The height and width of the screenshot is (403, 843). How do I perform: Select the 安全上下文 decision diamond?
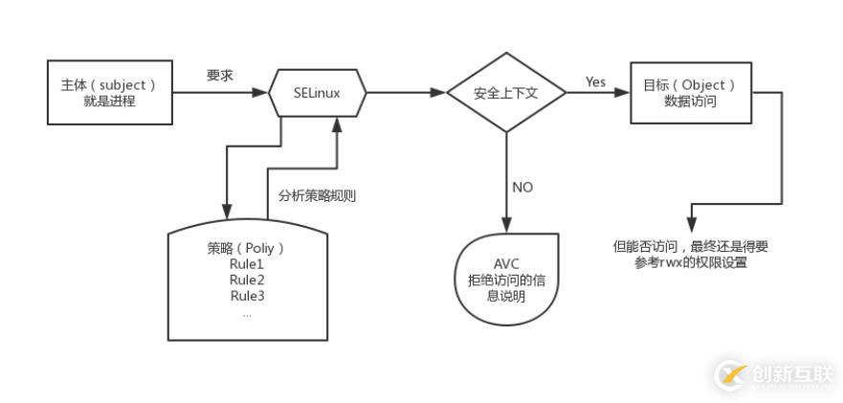507,93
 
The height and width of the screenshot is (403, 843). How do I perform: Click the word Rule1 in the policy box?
246,264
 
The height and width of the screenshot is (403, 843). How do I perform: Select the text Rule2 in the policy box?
246,280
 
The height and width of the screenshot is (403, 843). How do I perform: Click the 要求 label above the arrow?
220,75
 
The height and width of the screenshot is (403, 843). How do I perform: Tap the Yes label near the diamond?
595,82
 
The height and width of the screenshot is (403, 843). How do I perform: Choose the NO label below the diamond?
522,188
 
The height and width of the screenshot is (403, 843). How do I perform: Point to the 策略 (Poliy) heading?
246,248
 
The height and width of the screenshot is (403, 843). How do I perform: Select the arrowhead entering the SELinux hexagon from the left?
260,93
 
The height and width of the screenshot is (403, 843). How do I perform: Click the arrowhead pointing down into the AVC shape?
507,225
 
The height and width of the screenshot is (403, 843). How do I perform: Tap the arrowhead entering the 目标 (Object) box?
622,93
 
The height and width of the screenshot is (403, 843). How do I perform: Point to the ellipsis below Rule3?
246,313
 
